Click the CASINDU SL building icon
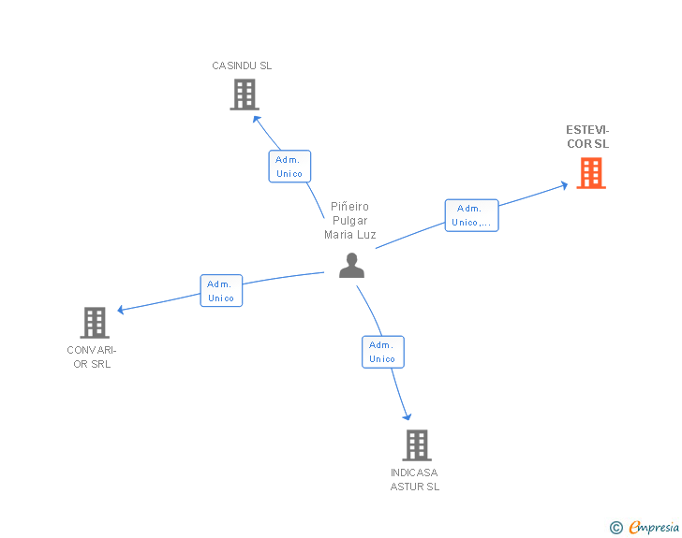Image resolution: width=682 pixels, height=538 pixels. pyautogui.click(x=244, y=95)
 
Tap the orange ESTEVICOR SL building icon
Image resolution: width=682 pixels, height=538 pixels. pyautogui.click(x=590, y=173)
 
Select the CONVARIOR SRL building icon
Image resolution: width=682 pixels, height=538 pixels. pyautogui.click(x=95, y=323)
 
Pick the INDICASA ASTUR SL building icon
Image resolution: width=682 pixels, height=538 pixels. pyautogui.click(x=416, y=445)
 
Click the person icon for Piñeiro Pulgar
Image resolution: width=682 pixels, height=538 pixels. pyautogui.click(x=351, y=266)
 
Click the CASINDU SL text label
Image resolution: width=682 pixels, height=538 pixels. pyautogui.click(x=242, y=65)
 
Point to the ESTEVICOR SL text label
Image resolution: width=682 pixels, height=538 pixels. pyautogui.click(x=587, y=137)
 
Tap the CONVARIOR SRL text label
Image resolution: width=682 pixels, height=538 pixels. pyautogui.click(x=92, y=356)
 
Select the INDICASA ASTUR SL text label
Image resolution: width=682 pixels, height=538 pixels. pyautogui.click(x=415, y=479)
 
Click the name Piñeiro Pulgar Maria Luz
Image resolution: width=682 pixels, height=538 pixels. pyautogui.click(x=350, y=221)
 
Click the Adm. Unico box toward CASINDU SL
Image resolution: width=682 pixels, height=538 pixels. pyautogui.click(x=289, y=167)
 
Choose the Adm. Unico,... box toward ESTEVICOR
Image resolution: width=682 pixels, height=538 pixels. pyautogui.click(x=471, y=215)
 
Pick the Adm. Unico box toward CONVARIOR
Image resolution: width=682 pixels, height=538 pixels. pyautogui.click(x=221, y=290)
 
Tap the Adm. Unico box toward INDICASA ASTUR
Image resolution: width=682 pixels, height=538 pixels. pyautogui.click(x=382, y=352)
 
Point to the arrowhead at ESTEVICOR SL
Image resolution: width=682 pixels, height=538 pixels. pyautogui.click(x=563, y=184)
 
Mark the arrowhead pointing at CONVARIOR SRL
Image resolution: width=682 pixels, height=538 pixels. pyautogui.click(x=121, y=310)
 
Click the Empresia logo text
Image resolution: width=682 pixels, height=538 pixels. pyautogui.click(x=654, y=528)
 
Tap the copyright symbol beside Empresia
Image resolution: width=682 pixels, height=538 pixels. pyautogui.click(x=616, y=528)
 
